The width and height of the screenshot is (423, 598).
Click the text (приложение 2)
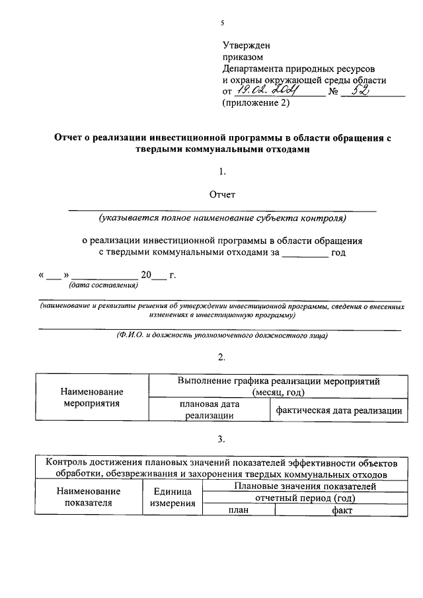tap(255, 103)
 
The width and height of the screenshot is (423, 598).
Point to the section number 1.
tap(223, 172)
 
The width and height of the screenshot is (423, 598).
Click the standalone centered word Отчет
tap(222, 194)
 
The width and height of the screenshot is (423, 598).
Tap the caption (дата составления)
tap(103, 285)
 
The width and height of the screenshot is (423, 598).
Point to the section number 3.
tap(222, 439)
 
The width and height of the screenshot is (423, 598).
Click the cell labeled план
tap(238, 510)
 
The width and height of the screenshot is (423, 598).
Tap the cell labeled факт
tap(342, 510)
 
